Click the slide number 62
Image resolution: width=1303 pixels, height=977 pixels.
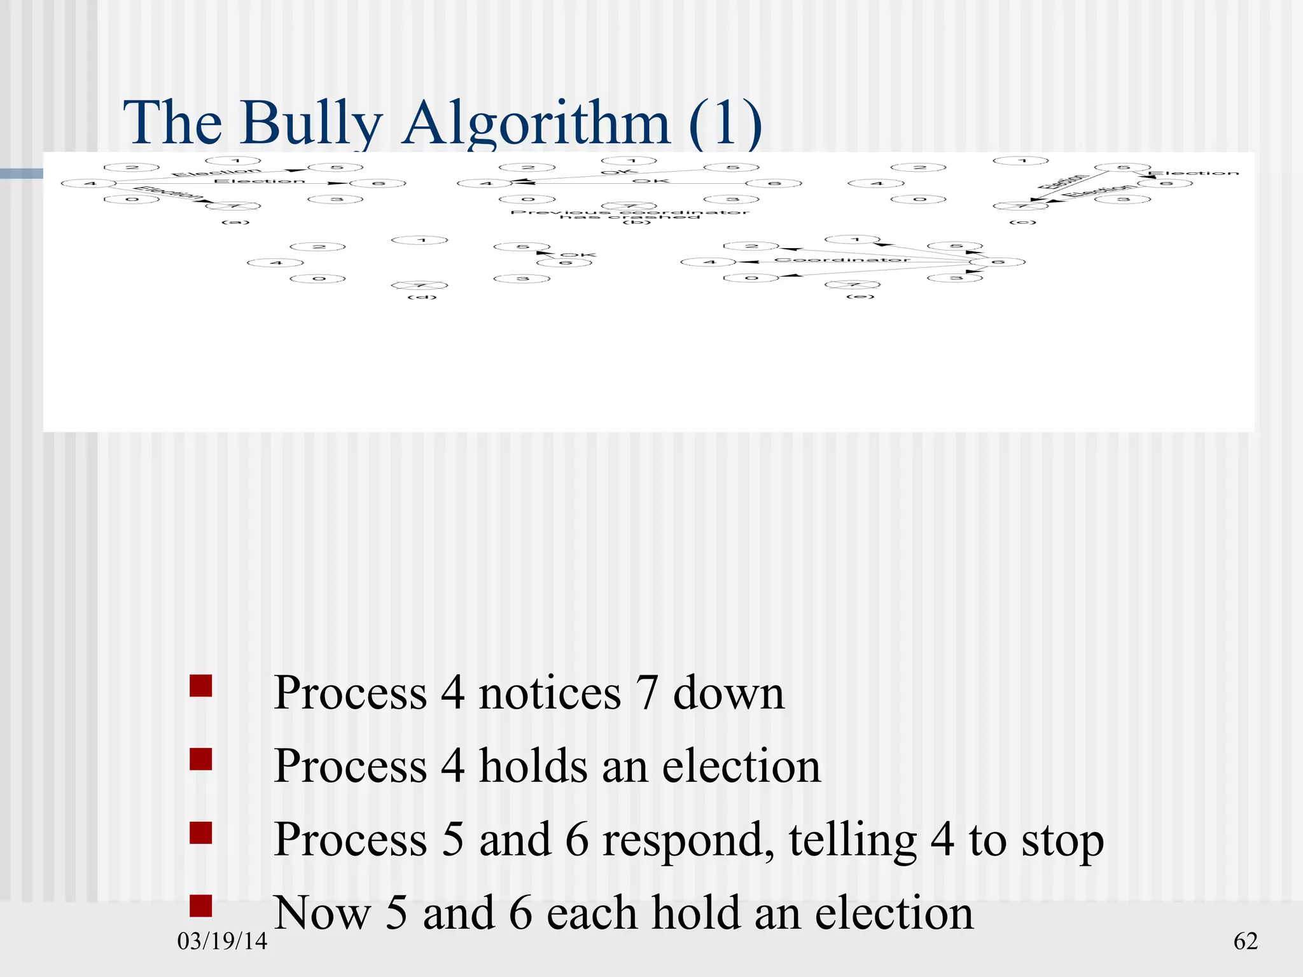click(1245, 941)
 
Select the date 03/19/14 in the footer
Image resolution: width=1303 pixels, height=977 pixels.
click(222, 941)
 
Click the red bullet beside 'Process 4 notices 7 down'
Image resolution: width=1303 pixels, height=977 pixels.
click(201, 686)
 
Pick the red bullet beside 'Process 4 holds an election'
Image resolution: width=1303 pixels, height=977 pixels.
click(201, 759)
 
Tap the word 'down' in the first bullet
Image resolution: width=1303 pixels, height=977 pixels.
click(728, 693)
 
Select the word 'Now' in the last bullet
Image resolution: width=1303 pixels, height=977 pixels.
click(322, 913)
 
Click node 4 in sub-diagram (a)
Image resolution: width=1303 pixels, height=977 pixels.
click(89, 184)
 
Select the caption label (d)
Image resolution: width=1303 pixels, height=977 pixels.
click(422, 298)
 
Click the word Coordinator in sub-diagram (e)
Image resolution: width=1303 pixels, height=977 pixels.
click(842, 260)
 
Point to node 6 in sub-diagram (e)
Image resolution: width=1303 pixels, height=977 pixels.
click(997, 262)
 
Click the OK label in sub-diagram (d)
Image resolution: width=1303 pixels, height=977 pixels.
click(578, 255)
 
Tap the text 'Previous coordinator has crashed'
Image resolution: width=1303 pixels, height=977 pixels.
click(630, 214)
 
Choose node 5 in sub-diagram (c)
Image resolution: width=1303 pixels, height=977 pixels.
click(1123, 167)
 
